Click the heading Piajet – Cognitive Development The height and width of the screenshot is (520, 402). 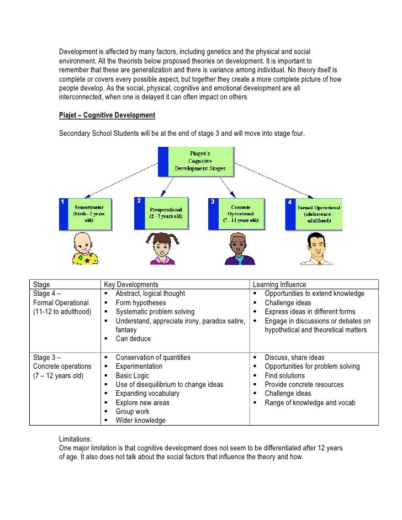pyautogui.click(x=107, y=115)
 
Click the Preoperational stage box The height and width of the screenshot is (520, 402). pyautogui.click(x=165, y=213)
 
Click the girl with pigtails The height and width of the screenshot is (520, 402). pyautogui.click(x=160, y=248)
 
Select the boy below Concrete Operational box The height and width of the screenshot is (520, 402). pyautogui.click(x=239, y=248)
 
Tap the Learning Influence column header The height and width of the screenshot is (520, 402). pyautogui.click(x=278, y=284)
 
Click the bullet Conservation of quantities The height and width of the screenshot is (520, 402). pyautogui.click(x=152, y=357)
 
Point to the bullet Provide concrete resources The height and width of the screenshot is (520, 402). pyautogui.click(x=304, y=384)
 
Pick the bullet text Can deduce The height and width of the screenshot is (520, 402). pyautogui.click(x=133, y=338)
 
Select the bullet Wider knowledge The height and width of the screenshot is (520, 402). pyautogui.click(x=140, y=420)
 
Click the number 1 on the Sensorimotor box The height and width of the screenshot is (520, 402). pyautogui.click(x=64, y=202)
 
